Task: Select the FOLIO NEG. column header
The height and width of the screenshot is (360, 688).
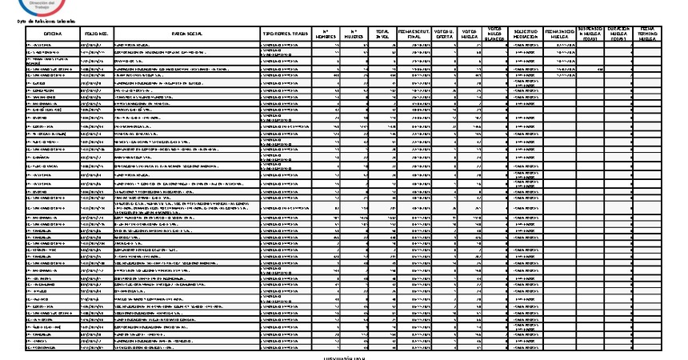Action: click(96, 34)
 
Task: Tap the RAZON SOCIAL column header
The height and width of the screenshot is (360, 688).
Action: click(187, 34)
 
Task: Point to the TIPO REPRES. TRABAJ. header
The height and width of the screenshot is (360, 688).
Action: click(286, 34)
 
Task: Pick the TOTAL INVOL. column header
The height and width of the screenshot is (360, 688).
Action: click(382, 34)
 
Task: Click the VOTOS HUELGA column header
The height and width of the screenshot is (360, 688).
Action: click(470, 34)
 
